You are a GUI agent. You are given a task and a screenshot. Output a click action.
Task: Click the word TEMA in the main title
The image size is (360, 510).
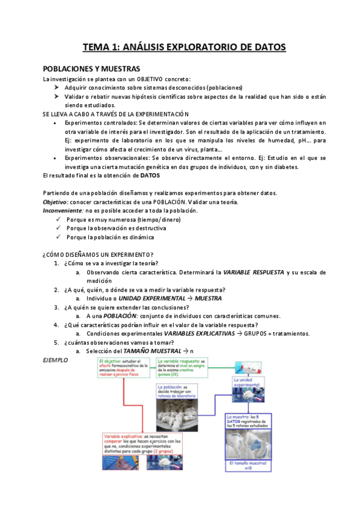click(95, 47)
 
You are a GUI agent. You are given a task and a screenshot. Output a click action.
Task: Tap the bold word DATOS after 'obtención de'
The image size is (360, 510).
click(150, 175)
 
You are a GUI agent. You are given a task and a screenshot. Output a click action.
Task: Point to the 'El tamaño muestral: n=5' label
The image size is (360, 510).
click(248, 468)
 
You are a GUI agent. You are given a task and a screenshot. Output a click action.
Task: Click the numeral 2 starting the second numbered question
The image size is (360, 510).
click(56, 290)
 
